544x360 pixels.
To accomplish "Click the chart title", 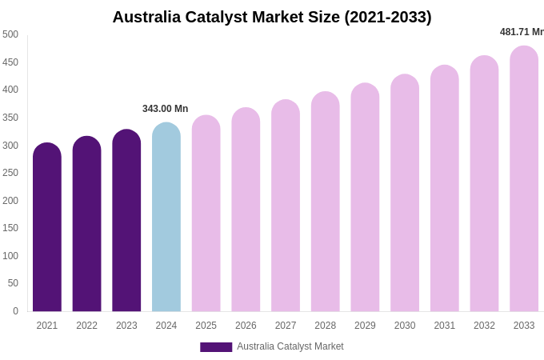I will pos(272,17).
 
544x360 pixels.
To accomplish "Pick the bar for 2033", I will pos(524,180).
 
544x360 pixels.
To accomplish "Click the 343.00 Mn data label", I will pos(165,109).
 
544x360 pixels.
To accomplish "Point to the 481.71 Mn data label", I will pos(522,32).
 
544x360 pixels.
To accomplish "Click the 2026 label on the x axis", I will pos(246,326).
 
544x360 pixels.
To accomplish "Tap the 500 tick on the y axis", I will pos(10,34).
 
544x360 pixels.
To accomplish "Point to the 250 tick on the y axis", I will pos(10,173).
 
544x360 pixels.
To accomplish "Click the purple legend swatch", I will pos(216,347).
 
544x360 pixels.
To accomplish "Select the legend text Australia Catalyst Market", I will pos(290,346).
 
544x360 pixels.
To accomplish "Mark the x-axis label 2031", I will pos(445,326).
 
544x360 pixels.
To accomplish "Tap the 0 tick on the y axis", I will pos(15,311).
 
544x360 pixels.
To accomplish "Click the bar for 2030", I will pos(405,194).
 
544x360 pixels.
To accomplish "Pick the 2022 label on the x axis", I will pos(86,326).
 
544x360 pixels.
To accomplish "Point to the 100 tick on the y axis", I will pos(10,256).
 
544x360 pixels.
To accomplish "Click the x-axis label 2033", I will pos(524,326).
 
